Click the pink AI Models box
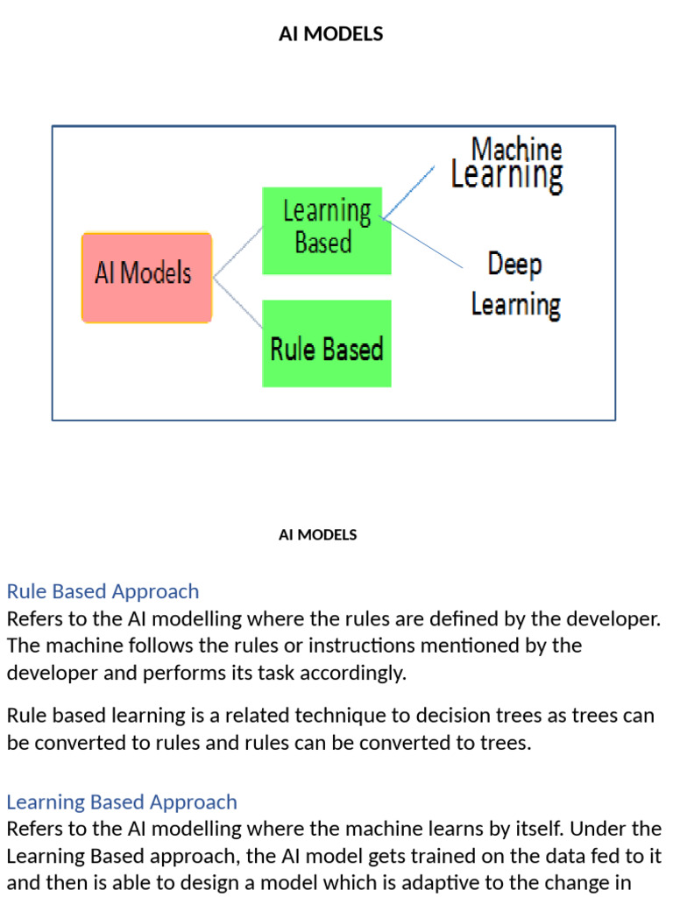coord(146,277)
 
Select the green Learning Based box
coord(326,230)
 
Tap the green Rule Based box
coord(326,343)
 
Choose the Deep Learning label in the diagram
coord(515,286)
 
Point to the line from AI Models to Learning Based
coord(238,253)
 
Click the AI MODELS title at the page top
coord(330,34)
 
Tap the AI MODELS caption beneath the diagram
coord(317,534)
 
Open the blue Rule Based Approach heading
coord(103,591)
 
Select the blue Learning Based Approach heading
coord(122,802)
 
